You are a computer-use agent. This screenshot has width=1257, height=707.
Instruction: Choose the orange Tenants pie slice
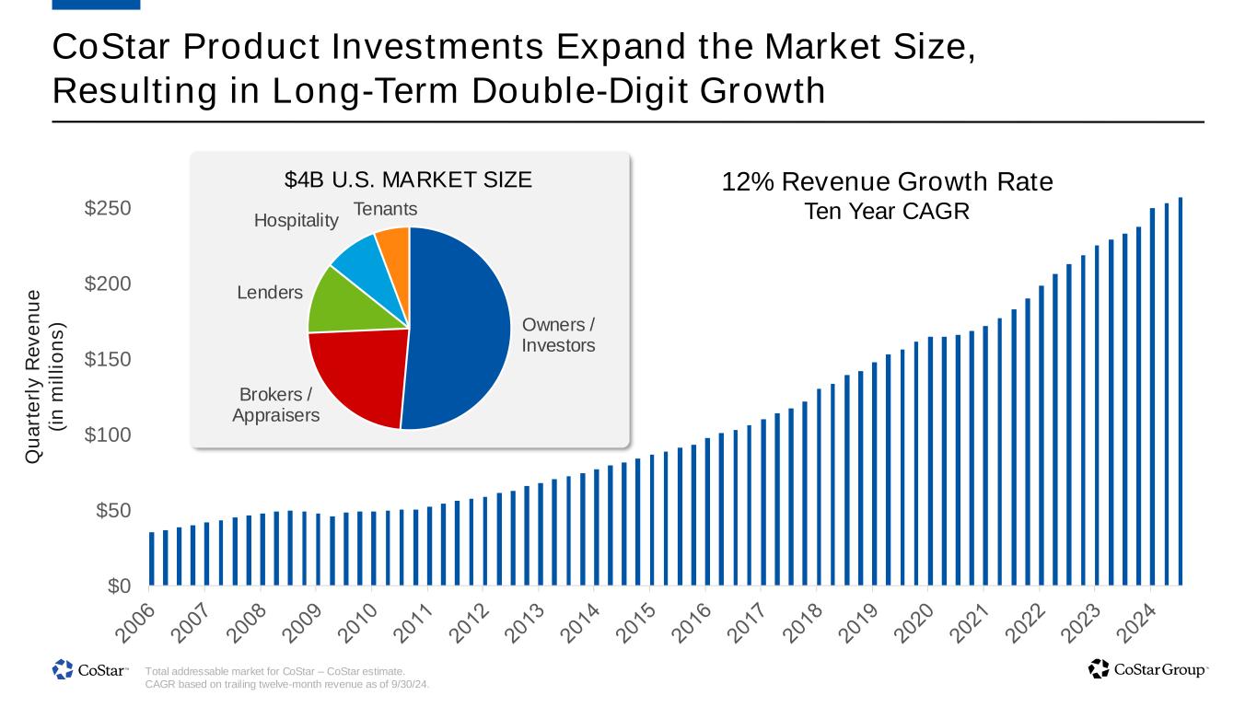click(394, 243)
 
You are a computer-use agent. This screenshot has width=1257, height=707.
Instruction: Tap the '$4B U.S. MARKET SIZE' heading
click(408, 179)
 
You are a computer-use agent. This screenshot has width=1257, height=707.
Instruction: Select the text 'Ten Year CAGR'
click(887, 212)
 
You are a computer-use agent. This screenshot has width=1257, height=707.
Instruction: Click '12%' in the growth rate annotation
click(742, 182)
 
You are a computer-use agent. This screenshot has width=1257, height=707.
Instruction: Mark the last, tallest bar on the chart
click(1180, 391)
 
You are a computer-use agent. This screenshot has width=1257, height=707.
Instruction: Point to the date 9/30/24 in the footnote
click(410, 685)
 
